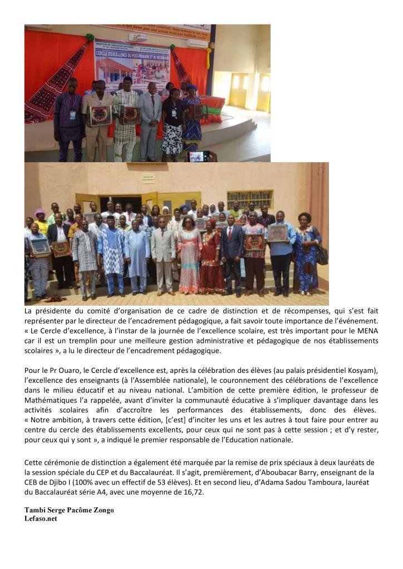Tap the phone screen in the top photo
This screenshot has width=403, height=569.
pyautogui.click(x=198, y=157)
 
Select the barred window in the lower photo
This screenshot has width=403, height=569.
pyautogui.click(x=257, y=199)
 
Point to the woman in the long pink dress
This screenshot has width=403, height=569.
pyautogui.click(x=189, y=258)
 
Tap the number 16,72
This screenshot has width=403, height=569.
pyautogui.click(x=194, y=492)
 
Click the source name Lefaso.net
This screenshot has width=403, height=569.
pyautogui.click(x=41, y=518)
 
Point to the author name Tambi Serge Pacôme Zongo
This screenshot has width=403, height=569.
pyautogui.click(x=69, y=510)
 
